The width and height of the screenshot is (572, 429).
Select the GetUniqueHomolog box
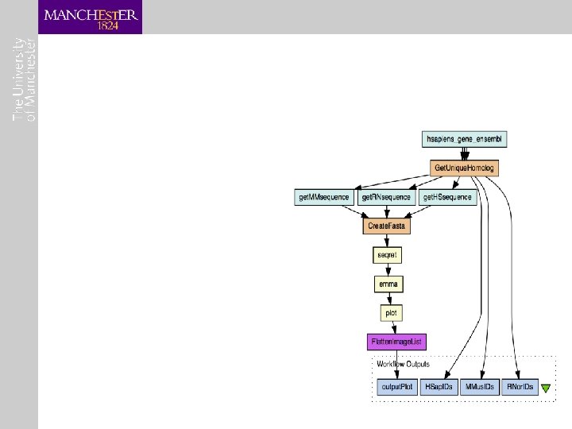click(x=465, y=168)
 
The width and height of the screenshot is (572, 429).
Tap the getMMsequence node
click(x=323, y=197)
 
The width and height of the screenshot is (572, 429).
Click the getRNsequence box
click(x=386, y=197)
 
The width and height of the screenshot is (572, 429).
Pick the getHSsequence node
click(x=447, y=197)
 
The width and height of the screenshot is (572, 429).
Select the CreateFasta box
click(x=387, y=226)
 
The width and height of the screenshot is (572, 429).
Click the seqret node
click(x=387, y=256)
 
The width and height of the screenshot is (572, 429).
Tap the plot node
click(x=390, y=313)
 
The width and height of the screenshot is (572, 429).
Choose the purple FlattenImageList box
click(x=397, y=342)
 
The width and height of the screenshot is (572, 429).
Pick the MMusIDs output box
click(x=480, y=388)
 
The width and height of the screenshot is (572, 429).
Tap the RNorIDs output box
click(x=519, y=388)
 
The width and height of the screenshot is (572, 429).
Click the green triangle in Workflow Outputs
click(x=546, y=388)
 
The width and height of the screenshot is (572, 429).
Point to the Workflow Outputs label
click(x=404, y=365)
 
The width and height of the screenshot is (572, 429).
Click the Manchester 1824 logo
click(x=91, y=17)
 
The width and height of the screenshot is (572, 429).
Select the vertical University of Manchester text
click(x=25, y=79)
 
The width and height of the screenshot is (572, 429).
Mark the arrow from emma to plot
click(x=388, y=299)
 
